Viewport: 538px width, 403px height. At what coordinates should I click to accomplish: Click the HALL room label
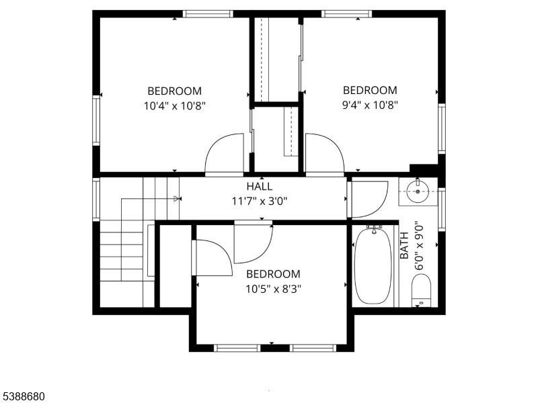[x=260, y=187]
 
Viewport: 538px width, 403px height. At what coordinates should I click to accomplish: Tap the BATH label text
[x=405, y=245]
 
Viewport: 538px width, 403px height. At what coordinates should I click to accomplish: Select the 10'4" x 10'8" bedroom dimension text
[x=174, y=106]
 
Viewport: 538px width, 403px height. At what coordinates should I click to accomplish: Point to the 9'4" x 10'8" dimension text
[x=370, y=105]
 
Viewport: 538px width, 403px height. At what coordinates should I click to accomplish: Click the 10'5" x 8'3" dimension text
[x=273, y=289]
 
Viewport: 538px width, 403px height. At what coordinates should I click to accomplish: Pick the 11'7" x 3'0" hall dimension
[x=260, y=201]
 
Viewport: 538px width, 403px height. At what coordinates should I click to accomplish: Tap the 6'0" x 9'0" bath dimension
[x=419, y=247]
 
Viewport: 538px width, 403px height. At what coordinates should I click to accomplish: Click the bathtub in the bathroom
[x=373, y=265]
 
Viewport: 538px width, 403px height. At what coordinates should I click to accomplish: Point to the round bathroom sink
[x=418, y=191]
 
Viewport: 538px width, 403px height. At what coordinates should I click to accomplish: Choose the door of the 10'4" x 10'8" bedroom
[x=225, y=154]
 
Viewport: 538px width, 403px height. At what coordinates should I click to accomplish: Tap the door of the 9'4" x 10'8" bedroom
[x=325, y=154]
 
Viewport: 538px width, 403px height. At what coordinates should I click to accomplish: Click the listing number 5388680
[x=22, y=396]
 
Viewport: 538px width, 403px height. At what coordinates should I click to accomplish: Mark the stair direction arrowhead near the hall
[x=177, y=198]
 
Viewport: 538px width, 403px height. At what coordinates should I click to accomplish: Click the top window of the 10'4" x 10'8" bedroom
[x=208, y=13]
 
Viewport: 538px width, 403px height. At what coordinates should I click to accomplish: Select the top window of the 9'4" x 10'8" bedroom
[x=346, y=13]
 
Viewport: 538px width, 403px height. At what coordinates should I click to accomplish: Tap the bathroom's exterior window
[x=442, y=210]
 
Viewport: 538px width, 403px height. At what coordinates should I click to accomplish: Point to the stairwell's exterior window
[x=96, y=199]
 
